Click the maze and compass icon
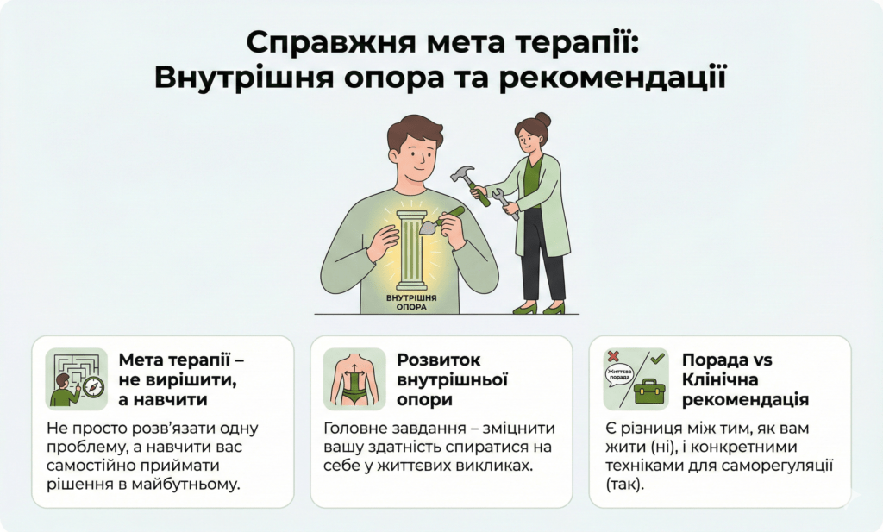click(x=76, y=378)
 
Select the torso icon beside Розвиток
click(x=354, y=378)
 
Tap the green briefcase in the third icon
click(x=648, y=391)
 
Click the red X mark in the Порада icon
click(x=613, y=355)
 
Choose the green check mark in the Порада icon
click(x=657, y=357)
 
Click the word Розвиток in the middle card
click(x=439, y=360)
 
